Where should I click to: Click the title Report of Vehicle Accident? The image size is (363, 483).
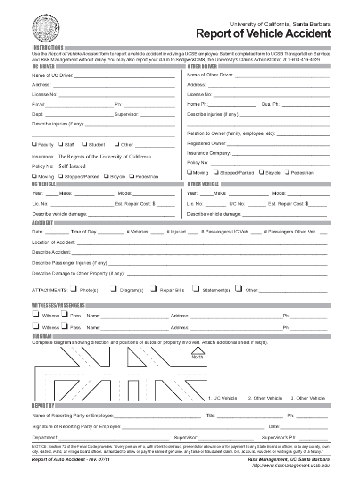tap(263, 34)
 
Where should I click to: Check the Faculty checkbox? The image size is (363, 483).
tap(34, 144)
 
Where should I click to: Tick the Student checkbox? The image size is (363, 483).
tap(85, 144)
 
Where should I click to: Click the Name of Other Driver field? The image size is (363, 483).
tap(281, 75)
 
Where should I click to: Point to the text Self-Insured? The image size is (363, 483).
tap(72, 167)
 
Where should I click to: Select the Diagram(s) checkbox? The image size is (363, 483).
tap(113, 288)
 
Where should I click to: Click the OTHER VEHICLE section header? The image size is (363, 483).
tap(203, 184)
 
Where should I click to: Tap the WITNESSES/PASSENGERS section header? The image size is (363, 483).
tap(58, 305)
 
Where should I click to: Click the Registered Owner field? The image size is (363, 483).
tap(278, 143)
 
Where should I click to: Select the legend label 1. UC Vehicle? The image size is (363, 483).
tap(223, 398)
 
